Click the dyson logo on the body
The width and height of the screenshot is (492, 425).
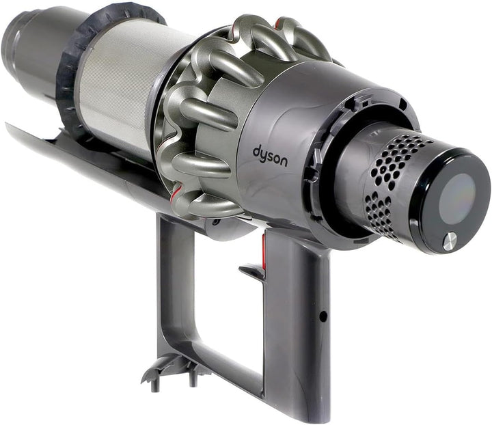coord(270,156)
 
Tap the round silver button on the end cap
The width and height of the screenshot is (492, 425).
coord(449,241)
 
